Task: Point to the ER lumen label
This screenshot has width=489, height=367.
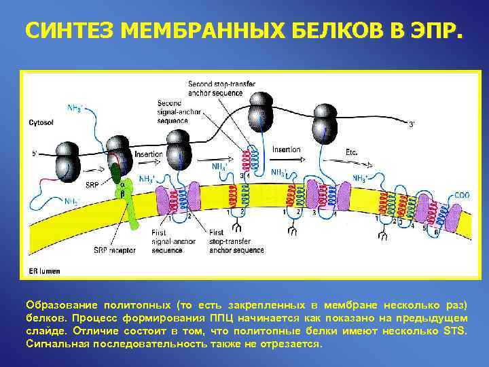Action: pos(44,271)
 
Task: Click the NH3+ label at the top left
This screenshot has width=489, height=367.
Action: pos(76,107)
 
